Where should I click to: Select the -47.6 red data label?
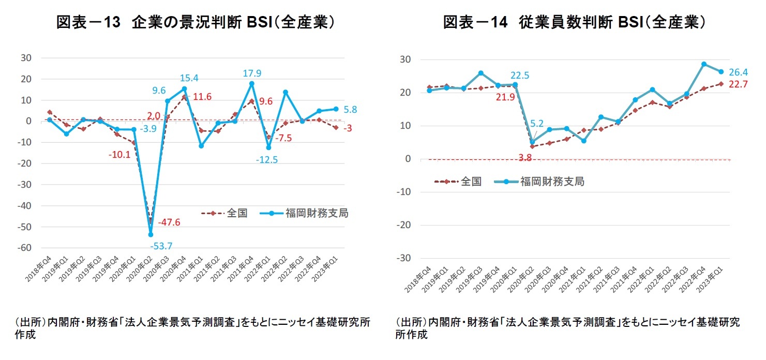[x=169, y=222]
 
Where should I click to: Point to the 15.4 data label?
[x=189, y=78]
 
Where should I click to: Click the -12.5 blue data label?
[x=266, y=160]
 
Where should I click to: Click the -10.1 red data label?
[x=119, y=154]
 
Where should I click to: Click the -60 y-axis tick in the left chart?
[x=25, y=248]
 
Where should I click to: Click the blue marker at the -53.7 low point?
[x=151, y=234]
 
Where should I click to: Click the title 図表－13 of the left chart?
[x=86, y=23]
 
